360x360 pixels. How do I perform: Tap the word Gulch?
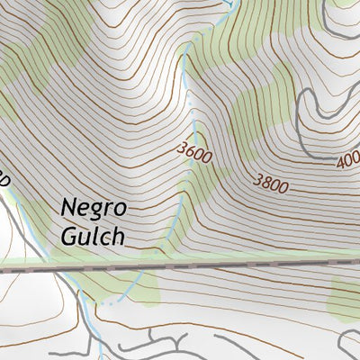pyautogui.click(x=94, y=236)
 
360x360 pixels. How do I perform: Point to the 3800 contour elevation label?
pyautogui.click(x=271, y=183)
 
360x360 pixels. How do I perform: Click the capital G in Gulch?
pyautogui.click(x=71, y=235)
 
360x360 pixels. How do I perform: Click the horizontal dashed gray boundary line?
pyautogui.click(x=180, y=266)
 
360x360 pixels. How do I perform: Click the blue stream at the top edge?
pyautogui.click(x=232, y=5)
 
